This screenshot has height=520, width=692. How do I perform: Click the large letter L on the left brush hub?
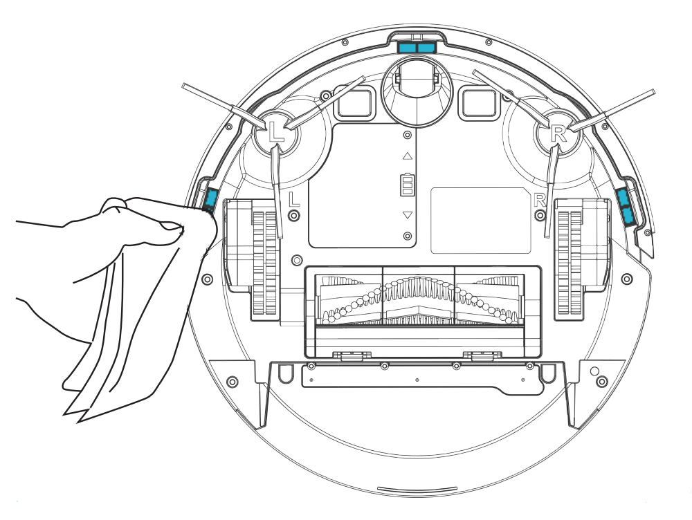coord(275,132)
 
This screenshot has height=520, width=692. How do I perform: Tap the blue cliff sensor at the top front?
coord(417,46)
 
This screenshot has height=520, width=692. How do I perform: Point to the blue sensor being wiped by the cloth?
coord(210,200)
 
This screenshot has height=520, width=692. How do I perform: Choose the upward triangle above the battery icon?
coord(407,156)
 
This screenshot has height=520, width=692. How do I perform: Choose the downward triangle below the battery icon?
coord(407,216)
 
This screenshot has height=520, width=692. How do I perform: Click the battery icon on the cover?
coord(407,185)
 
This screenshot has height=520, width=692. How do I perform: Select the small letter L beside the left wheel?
coord(294,199)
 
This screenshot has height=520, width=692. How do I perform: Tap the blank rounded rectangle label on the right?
coord(480,220)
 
